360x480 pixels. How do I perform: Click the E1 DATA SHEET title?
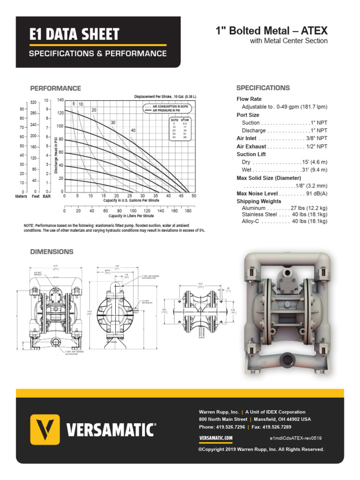(x=74, y=34)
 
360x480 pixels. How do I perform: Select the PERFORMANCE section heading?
(x=55, y=88)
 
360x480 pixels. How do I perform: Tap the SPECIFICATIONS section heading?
(x=262, y=88)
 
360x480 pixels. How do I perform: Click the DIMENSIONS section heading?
(x=52, y=252)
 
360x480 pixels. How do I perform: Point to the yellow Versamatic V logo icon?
(x=45, y=429)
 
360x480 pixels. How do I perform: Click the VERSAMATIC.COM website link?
(x=216, y=438)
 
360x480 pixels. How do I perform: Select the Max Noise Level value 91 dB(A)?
(x=316, y=194)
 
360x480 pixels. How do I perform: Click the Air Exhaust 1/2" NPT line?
(x=282, y=146)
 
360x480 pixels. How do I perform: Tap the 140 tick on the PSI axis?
(x=60, y=100)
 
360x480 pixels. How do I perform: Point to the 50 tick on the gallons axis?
(x=194, y=196)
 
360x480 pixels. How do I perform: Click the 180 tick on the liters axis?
(x=188, y=211)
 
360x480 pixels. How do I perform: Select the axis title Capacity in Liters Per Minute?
(x=131, y=216)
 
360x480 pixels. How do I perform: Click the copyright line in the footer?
(x=261, y=449)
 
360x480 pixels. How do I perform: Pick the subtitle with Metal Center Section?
(x=289, y=41)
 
